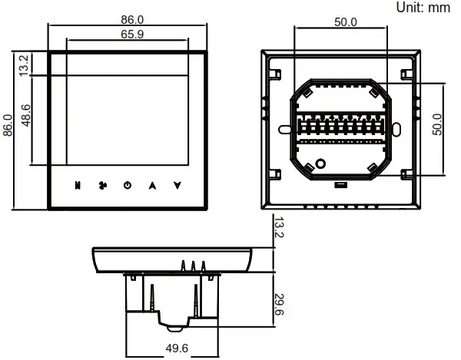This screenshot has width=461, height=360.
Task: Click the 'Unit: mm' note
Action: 423,8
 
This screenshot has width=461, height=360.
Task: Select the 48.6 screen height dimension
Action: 25,119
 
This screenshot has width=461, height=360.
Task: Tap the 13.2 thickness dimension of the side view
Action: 280,229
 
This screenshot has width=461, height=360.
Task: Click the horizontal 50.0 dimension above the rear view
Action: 345,22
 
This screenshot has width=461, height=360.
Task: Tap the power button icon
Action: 128,185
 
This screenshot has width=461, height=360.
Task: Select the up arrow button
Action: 152,185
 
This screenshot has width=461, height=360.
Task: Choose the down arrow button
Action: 177,185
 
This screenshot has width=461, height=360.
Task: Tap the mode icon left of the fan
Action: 78,185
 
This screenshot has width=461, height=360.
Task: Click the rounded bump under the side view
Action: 176,325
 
